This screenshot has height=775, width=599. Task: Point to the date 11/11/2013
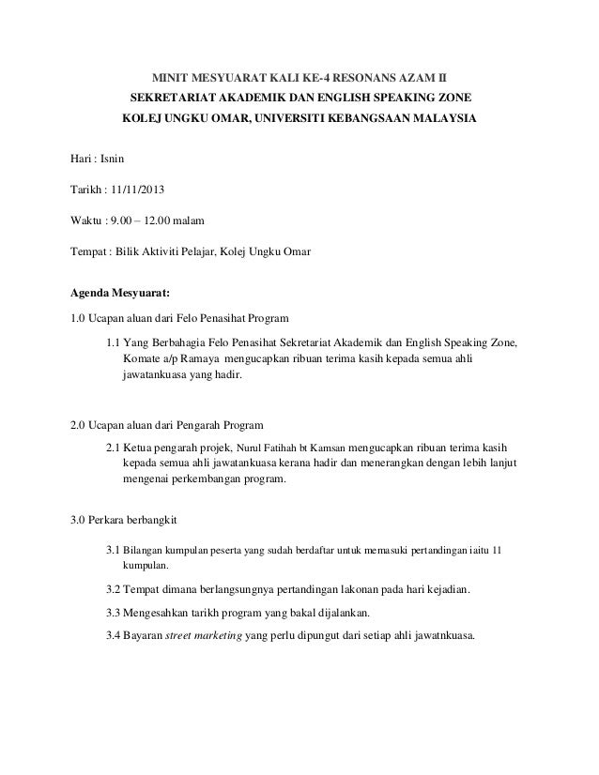click(x=137, y=191)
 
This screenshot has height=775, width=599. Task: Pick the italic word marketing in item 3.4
click(x=212, y=635)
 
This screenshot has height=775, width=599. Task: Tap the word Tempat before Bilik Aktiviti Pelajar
click(x=89, y=251)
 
